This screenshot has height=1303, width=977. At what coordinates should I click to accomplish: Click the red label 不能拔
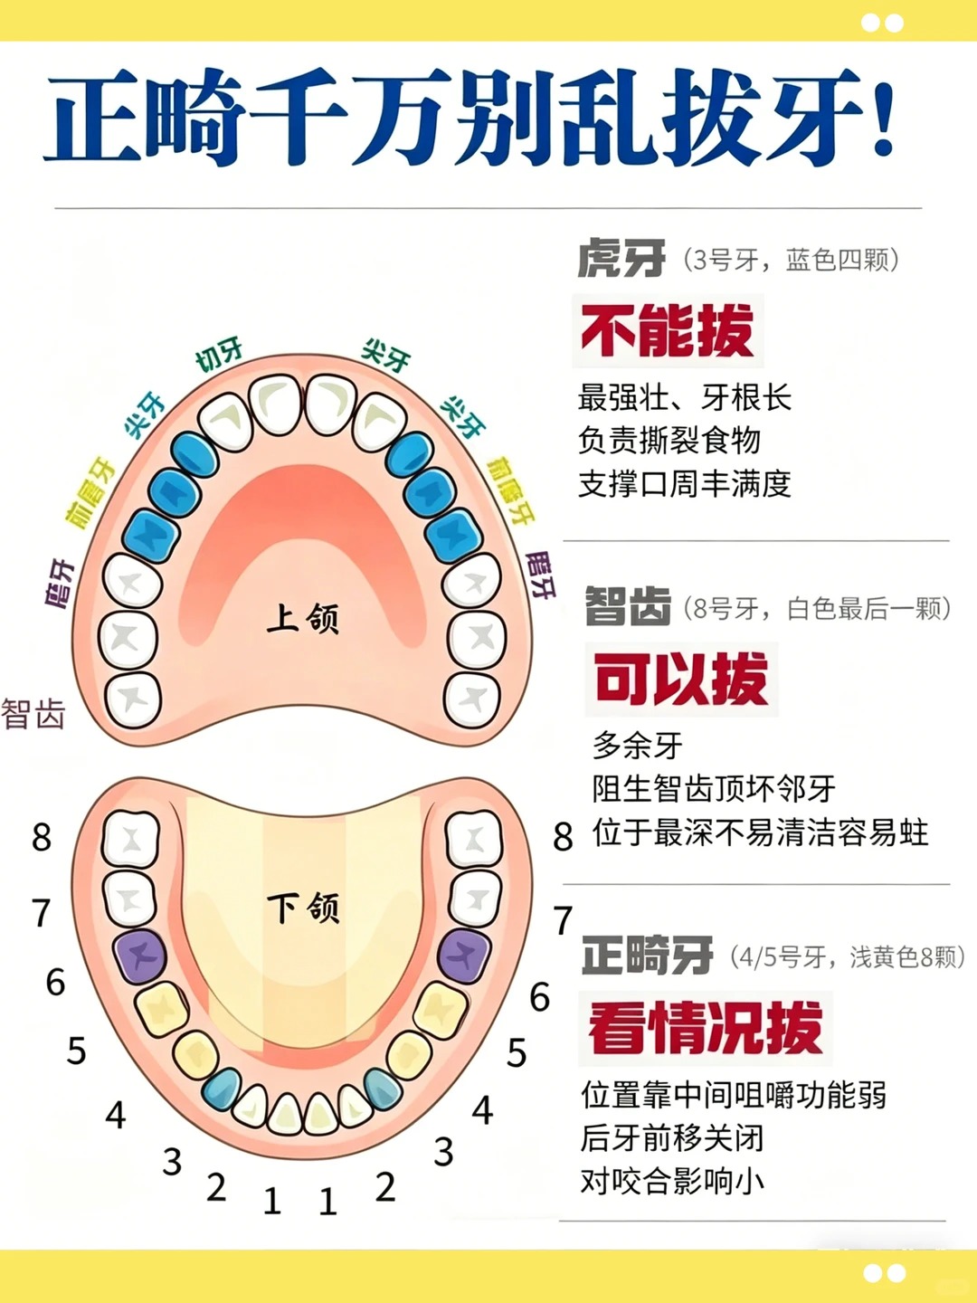pos(668,330)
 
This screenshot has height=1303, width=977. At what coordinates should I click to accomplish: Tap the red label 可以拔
pos(681,680)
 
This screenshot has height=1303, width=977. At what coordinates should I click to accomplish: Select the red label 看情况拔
pos(706,1028)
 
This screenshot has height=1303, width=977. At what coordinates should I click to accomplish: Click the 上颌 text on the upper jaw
pos(302,618)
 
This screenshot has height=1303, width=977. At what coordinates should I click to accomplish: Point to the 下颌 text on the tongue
pos(303,908)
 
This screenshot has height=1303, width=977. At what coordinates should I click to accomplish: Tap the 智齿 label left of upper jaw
pos(33,713)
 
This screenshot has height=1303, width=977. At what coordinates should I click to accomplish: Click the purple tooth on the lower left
pos(140,956)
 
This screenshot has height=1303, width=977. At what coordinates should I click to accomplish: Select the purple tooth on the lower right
pos(464,956)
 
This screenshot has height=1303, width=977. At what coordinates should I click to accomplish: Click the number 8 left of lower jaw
pos(42,838)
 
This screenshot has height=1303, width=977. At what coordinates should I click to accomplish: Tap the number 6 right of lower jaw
pos(539,996)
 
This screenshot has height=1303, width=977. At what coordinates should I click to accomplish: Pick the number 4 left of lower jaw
pos(116,1115)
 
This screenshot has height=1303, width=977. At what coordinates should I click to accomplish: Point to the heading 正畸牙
pos(647,955)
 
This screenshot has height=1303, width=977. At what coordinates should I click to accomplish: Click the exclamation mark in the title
pos(883,113)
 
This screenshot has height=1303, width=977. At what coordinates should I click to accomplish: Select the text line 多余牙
pos(637,746)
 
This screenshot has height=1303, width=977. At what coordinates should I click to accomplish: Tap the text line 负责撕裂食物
pos(669,440)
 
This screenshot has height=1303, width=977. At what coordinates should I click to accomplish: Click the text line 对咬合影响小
pos(672,1182)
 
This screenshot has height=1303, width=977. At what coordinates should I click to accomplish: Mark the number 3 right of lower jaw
pos(443,1152)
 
